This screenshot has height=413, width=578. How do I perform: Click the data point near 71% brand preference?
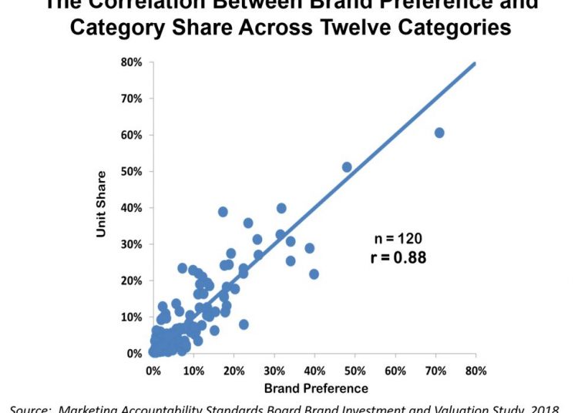click(439, 133)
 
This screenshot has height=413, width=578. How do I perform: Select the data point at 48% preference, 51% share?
click(347, 167)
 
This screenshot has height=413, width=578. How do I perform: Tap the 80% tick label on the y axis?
click(130, 62)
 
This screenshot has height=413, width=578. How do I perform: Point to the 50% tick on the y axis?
click(130, 172)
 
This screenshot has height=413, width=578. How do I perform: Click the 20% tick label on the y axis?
click(130, 280)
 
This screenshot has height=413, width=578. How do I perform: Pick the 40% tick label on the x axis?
click(314, 371)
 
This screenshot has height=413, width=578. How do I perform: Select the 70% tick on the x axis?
click(435, 371)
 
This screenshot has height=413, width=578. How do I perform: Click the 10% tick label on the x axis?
click(193, 371)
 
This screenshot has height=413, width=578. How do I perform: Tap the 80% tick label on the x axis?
click(476, 371)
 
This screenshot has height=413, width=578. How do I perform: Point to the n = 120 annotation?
click(398, 239)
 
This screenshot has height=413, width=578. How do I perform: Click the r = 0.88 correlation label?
click(398, 257)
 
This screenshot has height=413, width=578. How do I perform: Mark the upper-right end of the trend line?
click(475, 63)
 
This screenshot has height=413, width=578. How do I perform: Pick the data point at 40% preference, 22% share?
click(314, 274)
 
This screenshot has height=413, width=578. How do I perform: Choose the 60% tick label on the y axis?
click(130, 136)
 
